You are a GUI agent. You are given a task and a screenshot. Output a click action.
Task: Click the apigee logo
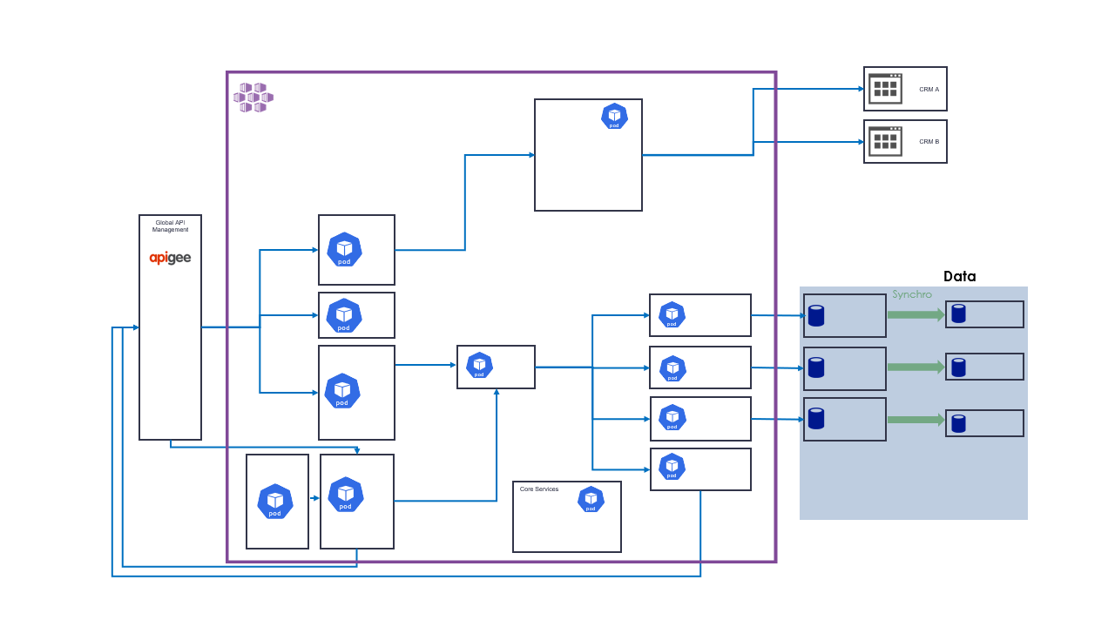(x=170, y=258)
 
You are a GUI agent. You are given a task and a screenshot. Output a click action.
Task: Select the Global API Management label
(x=170, y=226)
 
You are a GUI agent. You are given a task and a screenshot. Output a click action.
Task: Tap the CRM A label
(x=929, y=90)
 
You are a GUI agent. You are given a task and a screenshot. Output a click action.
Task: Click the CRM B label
(x=929, y=142)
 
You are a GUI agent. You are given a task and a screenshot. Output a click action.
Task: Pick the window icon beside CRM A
(x=885, y=89)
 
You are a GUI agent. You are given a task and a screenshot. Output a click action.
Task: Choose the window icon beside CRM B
(x=885, y=141)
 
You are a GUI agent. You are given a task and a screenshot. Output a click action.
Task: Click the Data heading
(x=959, y=276)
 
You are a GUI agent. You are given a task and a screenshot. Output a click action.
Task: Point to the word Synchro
(x=911, y=294)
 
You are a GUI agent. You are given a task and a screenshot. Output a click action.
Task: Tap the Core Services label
(x=539, y=489)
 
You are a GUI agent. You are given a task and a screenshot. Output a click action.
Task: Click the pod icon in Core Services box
(x=591, y=500)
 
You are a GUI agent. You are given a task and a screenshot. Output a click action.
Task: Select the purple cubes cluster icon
(x=253, y=97)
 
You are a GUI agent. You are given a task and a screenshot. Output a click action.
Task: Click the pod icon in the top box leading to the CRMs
(x=614, y=117)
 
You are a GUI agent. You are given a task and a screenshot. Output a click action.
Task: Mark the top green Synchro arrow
(x=916, y=315)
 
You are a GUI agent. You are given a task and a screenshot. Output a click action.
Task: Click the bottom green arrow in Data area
(x=916, y=420)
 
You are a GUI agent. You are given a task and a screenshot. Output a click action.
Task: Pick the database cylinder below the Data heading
(x=958, y=313)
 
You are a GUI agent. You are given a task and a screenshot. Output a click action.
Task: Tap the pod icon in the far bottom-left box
(x=275, y=502)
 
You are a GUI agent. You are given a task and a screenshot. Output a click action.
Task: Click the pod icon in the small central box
(x=479, y=365)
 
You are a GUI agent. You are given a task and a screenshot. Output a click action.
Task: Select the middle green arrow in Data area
(x=916, y=367)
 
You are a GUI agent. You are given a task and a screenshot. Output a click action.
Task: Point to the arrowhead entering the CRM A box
(x=859, y=89)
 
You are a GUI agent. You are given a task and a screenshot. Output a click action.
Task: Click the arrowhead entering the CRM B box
(x=859, y=141)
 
